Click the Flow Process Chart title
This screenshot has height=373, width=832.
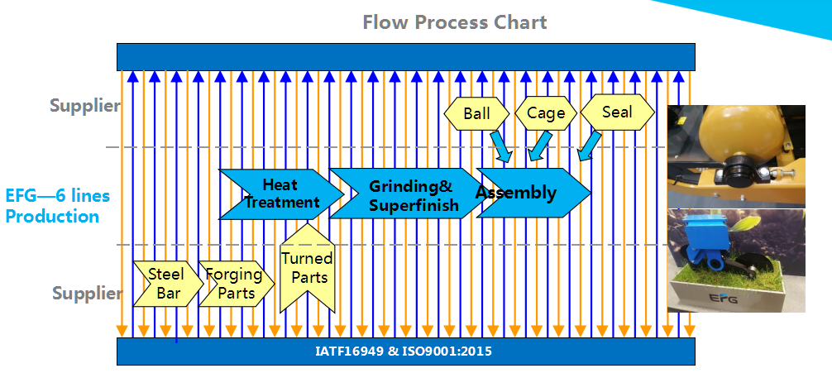[x=455, y=22]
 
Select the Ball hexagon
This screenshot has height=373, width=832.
[x=476, y=113]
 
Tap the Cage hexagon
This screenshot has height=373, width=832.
[x=546, y=113]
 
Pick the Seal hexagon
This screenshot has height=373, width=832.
[x=617, y=112]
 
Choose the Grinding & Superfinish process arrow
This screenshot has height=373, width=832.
[x=409, y=194]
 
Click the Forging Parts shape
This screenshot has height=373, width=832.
[x=235, y=283]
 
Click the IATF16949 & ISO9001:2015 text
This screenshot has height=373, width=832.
[x=404, y=351]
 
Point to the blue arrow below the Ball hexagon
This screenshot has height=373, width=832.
[x=500, y=146]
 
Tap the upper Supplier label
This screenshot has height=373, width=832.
[x=84, y=105]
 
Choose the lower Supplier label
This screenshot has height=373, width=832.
[x=87, y=293]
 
